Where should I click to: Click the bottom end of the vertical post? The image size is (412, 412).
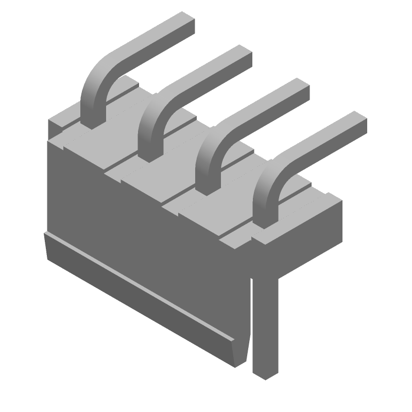(265, 373)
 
